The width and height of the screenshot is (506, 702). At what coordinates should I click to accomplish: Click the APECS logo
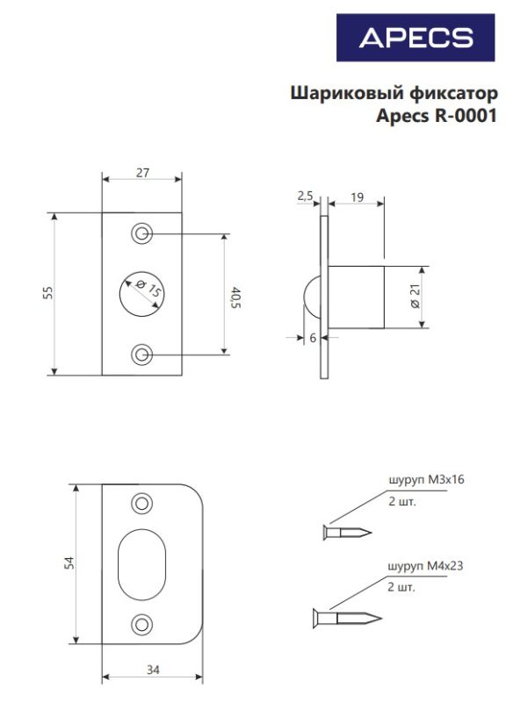[x=416, y=38]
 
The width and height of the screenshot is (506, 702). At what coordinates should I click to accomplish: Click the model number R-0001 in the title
[x=466, y=116]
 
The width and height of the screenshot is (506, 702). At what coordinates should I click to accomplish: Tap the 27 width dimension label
[x=142, y=172]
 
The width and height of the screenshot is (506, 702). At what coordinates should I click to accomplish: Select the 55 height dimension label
[x=48, y=292]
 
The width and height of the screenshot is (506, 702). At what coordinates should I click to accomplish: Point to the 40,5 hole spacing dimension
[x=235, y=298]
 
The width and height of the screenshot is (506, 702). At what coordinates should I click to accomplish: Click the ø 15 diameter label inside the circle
[x=148, y=289]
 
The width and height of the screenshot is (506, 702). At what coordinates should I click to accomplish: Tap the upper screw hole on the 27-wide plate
[x=142, y=233]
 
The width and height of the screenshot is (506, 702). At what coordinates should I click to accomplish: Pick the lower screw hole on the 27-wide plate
[x=142, y=355]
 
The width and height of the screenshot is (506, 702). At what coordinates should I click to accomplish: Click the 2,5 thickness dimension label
[x=305, y=196]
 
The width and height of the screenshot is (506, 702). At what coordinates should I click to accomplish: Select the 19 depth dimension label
[x=358, y=197]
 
